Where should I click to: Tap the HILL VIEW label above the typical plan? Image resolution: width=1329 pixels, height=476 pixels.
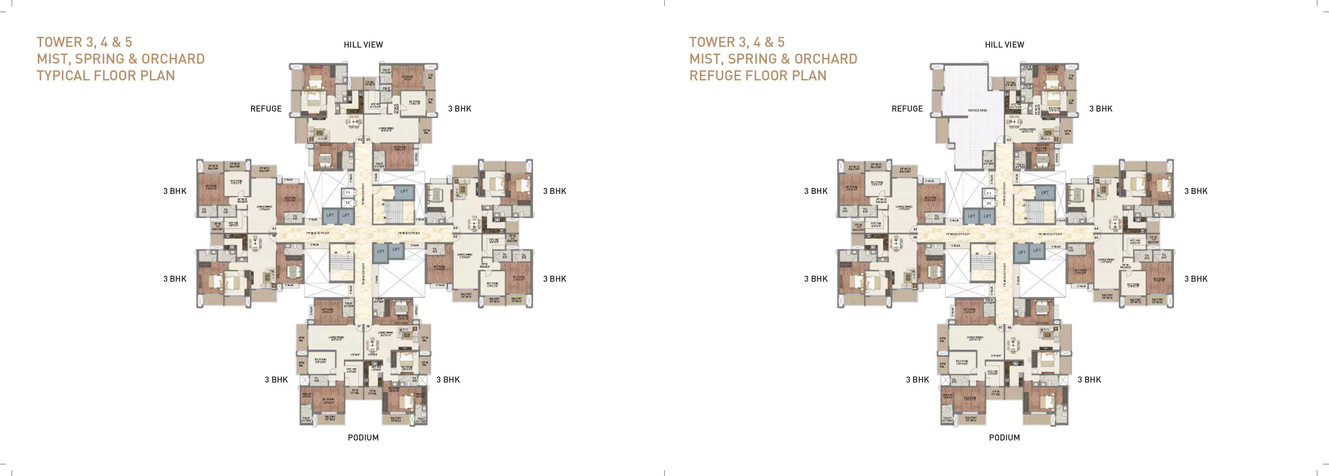click(x=363, y=45)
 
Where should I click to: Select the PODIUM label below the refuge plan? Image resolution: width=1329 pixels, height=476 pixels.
click(x=1004, y=438)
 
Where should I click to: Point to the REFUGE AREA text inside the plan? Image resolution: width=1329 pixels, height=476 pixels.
click(x=977, y=111)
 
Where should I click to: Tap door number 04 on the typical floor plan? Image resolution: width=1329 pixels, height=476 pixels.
click(x=455, y=228)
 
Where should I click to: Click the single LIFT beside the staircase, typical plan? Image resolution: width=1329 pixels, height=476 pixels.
click(x=404, y=191)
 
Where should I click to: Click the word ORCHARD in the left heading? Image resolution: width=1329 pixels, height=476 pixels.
click(x=173, y=59)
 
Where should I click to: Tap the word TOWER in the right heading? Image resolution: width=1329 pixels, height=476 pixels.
click(x=712, y=42)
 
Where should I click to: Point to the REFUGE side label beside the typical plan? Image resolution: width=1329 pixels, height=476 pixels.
click(x=266, y=109)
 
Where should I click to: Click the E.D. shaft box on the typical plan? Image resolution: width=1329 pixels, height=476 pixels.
click(x=348, y=193)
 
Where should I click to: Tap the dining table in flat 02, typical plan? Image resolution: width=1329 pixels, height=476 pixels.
click(x=354, y=122)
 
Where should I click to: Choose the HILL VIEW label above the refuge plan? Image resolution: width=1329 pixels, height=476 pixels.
click(x=1004, y=45)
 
